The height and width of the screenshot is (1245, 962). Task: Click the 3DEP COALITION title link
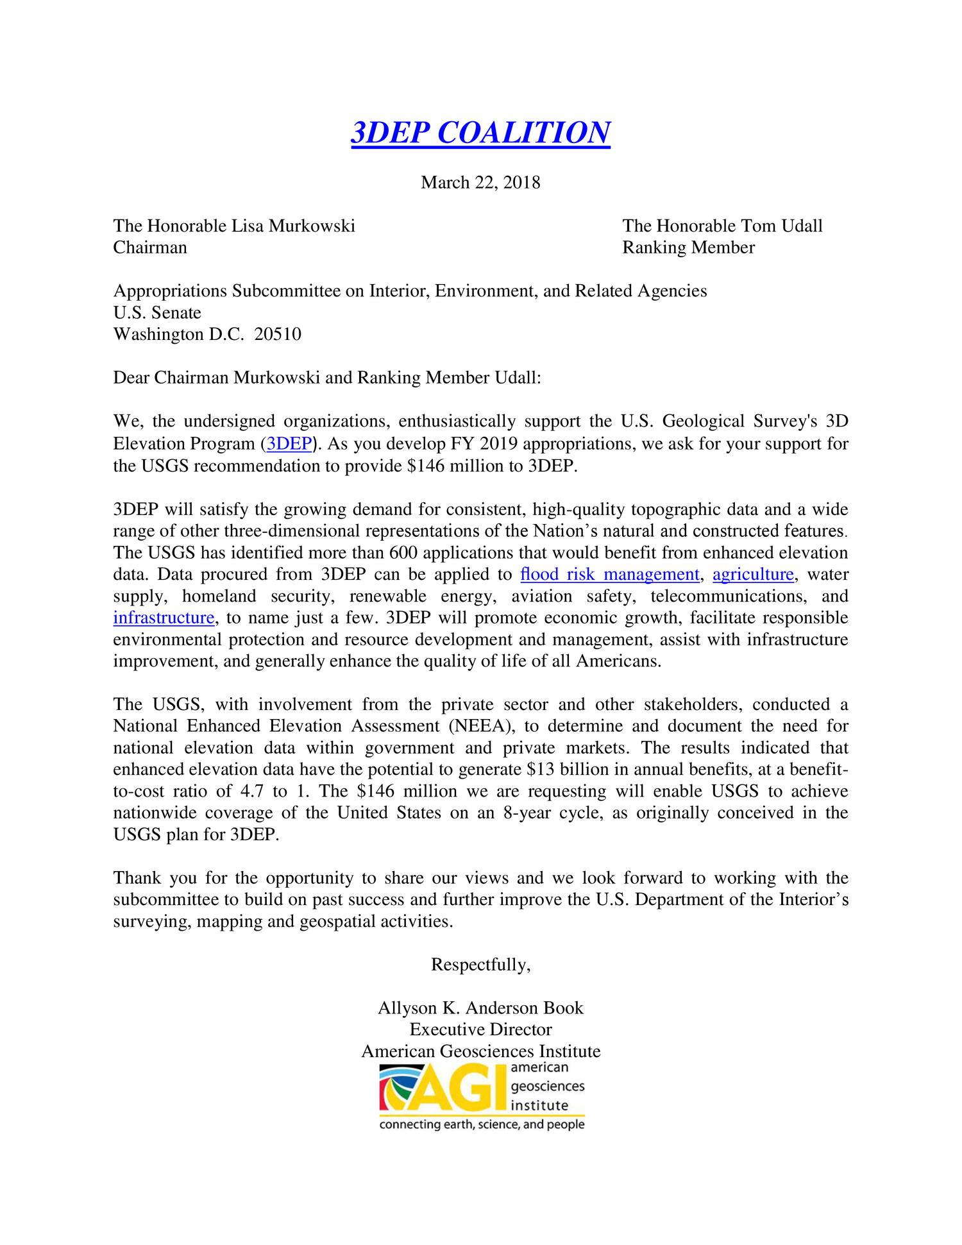click(x=480, y=133)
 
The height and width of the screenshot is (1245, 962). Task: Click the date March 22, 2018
click(x=480, y=183)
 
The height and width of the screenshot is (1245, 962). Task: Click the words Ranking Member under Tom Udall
click(x=688, y=248)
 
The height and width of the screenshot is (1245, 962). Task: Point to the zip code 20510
click(x=278, y=334)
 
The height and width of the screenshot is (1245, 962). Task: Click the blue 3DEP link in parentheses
click(x=289, y=444)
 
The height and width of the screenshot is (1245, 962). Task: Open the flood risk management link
click(x=609, y=574)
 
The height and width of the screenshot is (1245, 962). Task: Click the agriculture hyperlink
click(x=753, y=574)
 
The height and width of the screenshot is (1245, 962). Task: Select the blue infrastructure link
click(x=164, y=618)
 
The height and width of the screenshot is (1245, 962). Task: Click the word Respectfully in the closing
click(x=480, y=965)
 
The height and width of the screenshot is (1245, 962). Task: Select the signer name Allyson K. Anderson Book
click(x=480, y=1008)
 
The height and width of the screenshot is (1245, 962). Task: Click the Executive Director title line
click(x=480, y=1029)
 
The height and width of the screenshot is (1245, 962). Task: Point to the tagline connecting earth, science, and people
click(x=482, y=1125)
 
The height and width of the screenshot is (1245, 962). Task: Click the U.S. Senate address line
click(x=157, y=313)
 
